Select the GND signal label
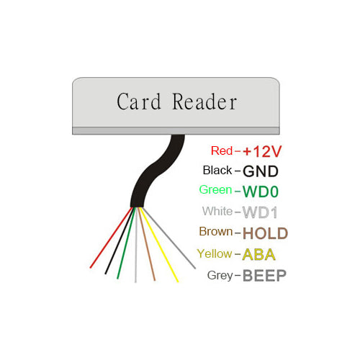(x=260, y=171)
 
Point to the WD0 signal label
(x=261, y=192)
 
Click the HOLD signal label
(x=265, y=233)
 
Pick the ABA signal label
(x=259, y=254)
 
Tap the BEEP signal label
(x=264, y=275)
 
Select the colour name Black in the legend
(x=217, y=171)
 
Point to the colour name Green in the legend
(x=215, y=191)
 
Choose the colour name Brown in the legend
(x=215, y=232)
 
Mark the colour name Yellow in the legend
(x=215, y=253)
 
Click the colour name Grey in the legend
(x=219, y=275)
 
